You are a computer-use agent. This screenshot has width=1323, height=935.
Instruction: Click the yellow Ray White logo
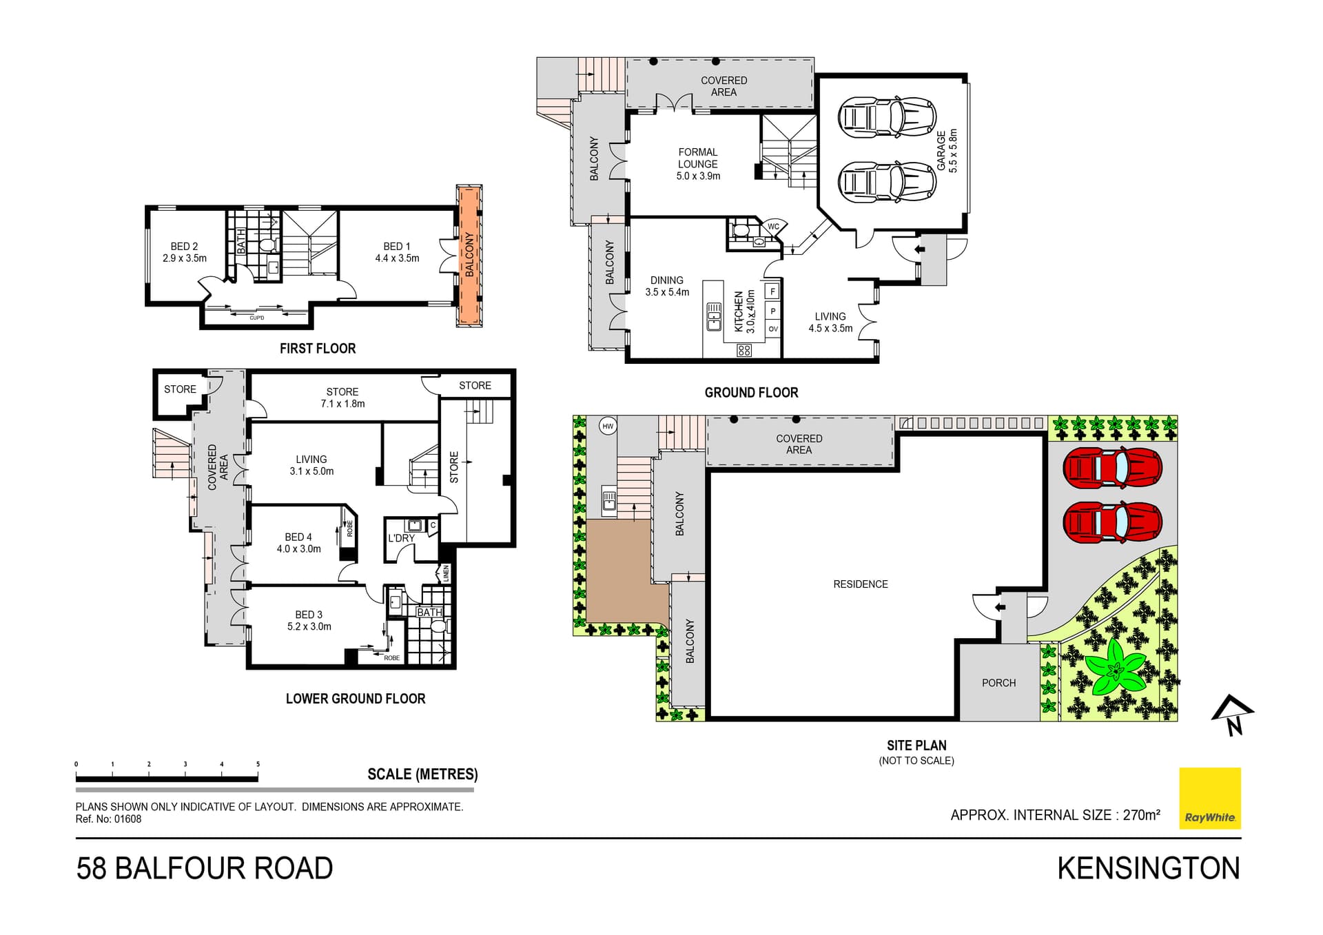tap(1209, 797)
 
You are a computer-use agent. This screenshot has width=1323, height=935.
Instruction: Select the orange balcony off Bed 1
tap(469, 255)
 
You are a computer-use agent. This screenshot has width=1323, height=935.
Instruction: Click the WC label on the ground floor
tap(773, 227)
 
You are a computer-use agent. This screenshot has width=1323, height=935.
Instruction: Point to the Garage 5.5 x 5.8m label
tap(947, 151)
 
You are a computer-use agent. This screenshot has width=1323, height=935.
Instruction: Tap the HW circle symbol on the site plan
tap(608, 427)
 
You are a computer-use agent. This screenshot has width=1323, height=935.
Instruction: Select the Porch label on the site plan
tap(998, 683)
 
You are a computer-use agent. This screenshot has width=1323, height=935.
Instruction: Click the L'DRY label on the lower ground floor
tap(401, 538)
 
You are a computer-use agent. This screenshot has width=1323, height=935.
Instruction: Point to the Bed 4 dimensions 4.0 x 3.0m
tap(298, 549)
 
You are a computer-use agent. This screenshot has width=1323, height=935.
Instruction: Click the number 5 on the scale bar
tap(258, 764)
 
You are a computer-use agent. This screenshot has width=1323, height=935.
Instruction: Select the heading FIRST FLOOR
tap(318, 349)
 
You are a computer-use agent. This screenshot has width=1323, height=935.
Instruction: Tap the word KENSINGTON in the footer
tap(1148, 868)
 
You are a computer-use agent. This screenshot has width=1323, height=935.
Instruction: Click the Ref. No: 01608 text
tap(108, 819)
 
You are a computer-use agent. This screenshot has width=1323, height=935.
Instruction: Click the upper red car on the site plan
tap(1112, 469)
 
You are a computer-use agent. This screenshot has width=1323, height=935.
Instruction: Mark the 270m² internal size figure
tap(1141, 815)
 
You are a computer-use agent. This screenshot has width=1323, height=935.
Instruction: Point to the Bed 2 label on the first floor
tap(185, 247)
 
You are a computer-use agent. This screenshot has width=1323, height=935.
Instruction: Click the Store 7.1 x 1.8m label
tap(342, 398)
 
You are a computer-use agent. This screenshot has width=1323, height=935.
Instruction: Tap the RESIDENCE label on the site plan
tap(860, 584)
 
